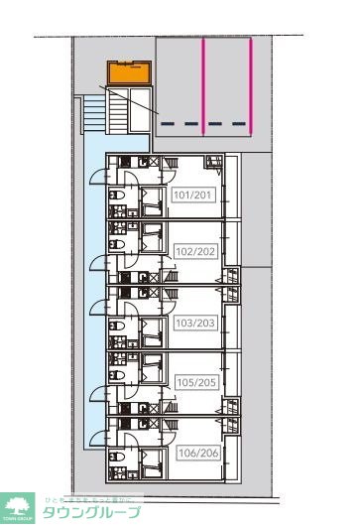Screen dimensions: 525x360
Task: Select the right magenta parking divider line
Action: pos(251,87)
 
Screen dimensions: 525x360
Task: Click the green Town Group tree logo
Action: pos(17,507)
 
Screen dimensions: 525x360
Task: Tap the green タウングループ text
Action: pos(88,512)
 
